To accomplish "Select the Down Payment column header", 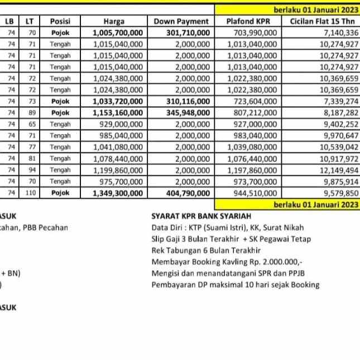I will (181, 21).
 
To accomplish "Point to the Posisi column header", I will (60, 21).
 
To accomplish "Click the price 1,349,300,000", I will (118, 193).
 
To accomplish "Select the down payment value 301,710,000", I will (189, 33).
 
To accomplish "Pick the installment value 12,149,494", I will (339, 170).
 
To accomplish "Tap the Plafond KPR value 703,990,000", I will (254, 33).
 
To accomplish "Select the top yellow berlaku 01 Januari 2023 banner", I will (315, 9).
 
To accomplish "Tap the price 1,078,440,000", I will (118, 159).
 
